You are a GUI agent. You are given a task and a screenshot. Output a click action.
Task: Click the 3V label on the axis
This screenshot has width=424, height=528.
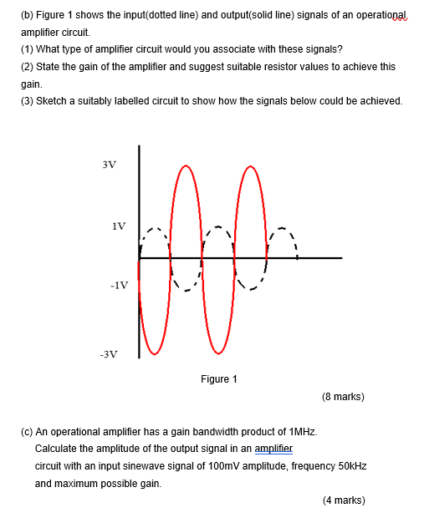pyautogui.click(x=110, y=165)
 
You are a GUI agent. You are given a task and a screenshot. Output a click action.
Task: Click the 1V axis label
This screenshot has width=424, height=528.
pyautogui.click(x=119, y=226)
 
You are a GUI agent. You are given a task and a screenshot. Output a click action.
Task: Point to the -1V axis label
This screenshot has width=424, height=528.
pyautogui.click(x=118, y=285)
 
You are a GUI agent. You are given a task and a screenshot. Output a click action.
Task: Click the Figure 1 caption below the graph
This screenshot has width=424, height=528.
pyautogui.click(x=219, y=379)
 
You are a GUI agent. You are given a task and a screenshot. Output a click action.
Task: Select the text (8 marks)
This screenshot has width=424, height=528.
pyautogui.click(x=343, y=397)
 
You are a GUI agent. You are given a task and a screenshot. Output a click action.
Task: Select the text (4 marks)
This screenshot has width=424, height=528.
pyautogui.click(x=343, y=500)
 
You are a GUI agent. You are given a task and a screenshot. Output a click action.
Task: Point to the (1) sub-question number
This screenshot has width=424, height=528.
pyautogui.click(x=27, y=48)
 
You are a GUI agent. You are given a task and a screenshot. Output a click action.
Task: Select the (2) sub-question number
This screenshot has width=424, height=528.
pyautogui.click(x=27, y=66)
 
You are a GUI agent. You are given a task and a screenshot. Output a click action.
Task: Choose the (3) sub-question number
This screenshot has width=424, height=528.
pyautogui.click(x=27, y=101)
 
